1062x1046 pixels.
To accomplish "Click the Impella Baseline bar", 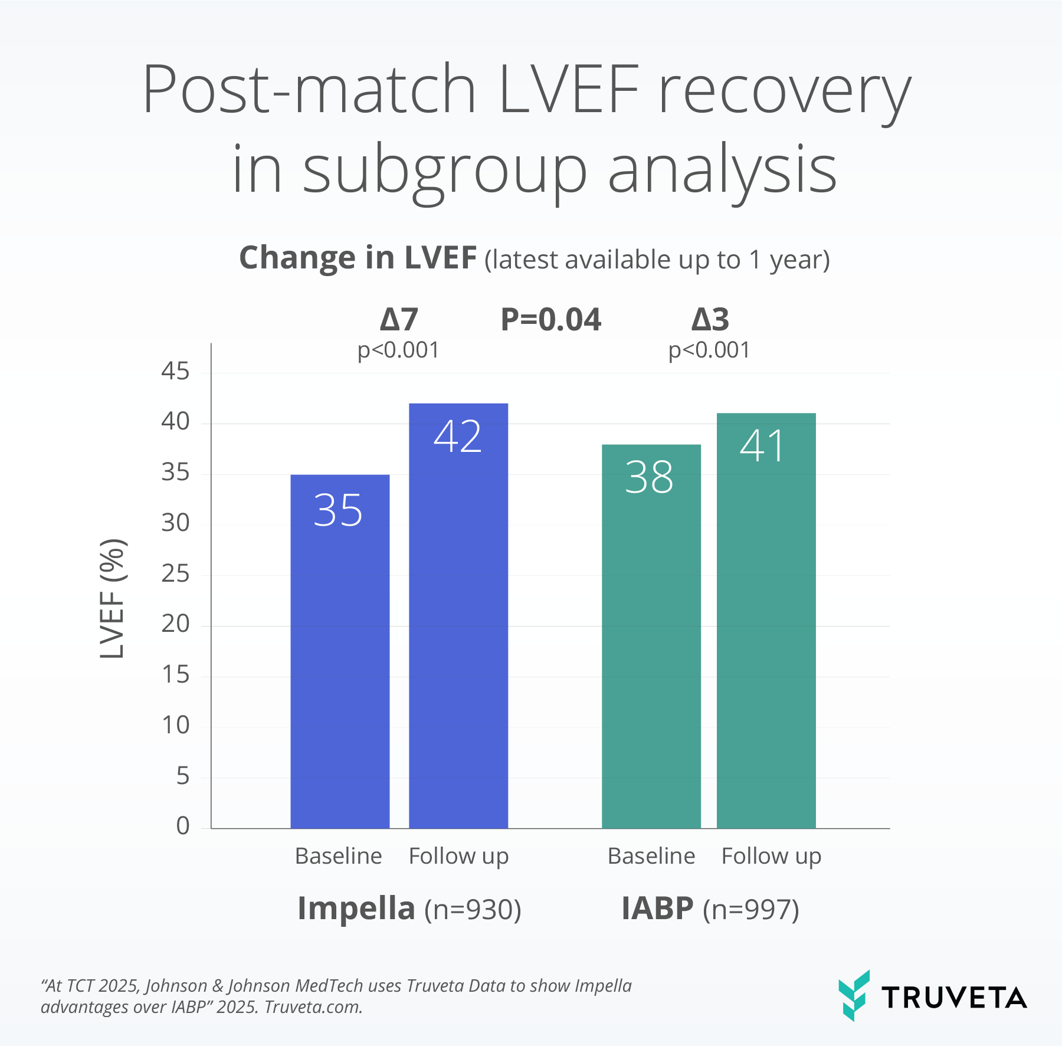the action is (340, 651).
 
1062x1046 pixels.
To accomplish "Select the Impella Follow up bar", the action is (458, 616).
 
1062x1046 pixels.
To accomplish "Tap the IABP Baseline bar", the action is (651, 637).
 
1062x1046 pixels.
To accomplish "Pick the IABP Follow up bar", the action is (766, 621).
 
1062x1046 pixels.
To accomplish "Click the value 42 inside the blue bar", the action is (458, 437).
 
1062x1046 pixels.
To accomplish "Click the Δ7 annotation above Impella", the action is (399, 320).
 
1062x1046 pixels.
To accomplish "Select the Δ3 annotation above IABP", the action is (710, 320).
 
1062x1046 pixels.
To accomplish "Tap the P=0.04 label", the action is (551, 320).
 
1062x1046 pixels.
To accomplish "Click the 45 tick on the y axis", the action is (175, 371).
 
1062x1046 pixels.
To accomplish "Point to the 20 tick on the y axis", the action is (175, 624).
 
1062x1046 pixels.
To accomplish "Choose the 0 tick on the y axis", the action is (183, 826).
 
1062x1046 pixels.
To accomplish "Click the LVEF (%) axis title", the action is (112, 598).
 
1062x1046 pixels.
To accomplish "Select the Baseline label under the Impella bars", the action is (339, 856).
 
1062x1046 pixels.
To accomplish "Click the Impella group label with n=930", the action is (409, 909).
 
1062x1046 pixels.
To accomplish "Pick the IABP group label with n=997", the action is (710, 909).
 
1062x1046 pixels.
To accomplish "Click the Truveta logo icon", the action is (854, 995).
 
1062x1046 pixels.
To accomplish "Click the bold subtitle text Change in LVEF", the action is (358, 258).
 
